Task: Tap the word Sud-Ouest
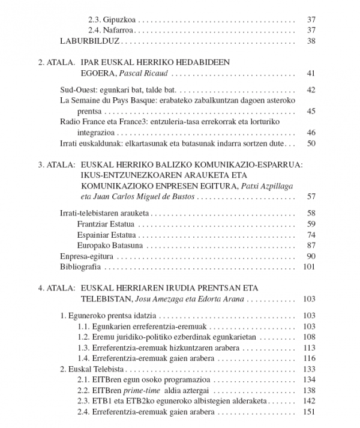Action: point(79,90)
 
